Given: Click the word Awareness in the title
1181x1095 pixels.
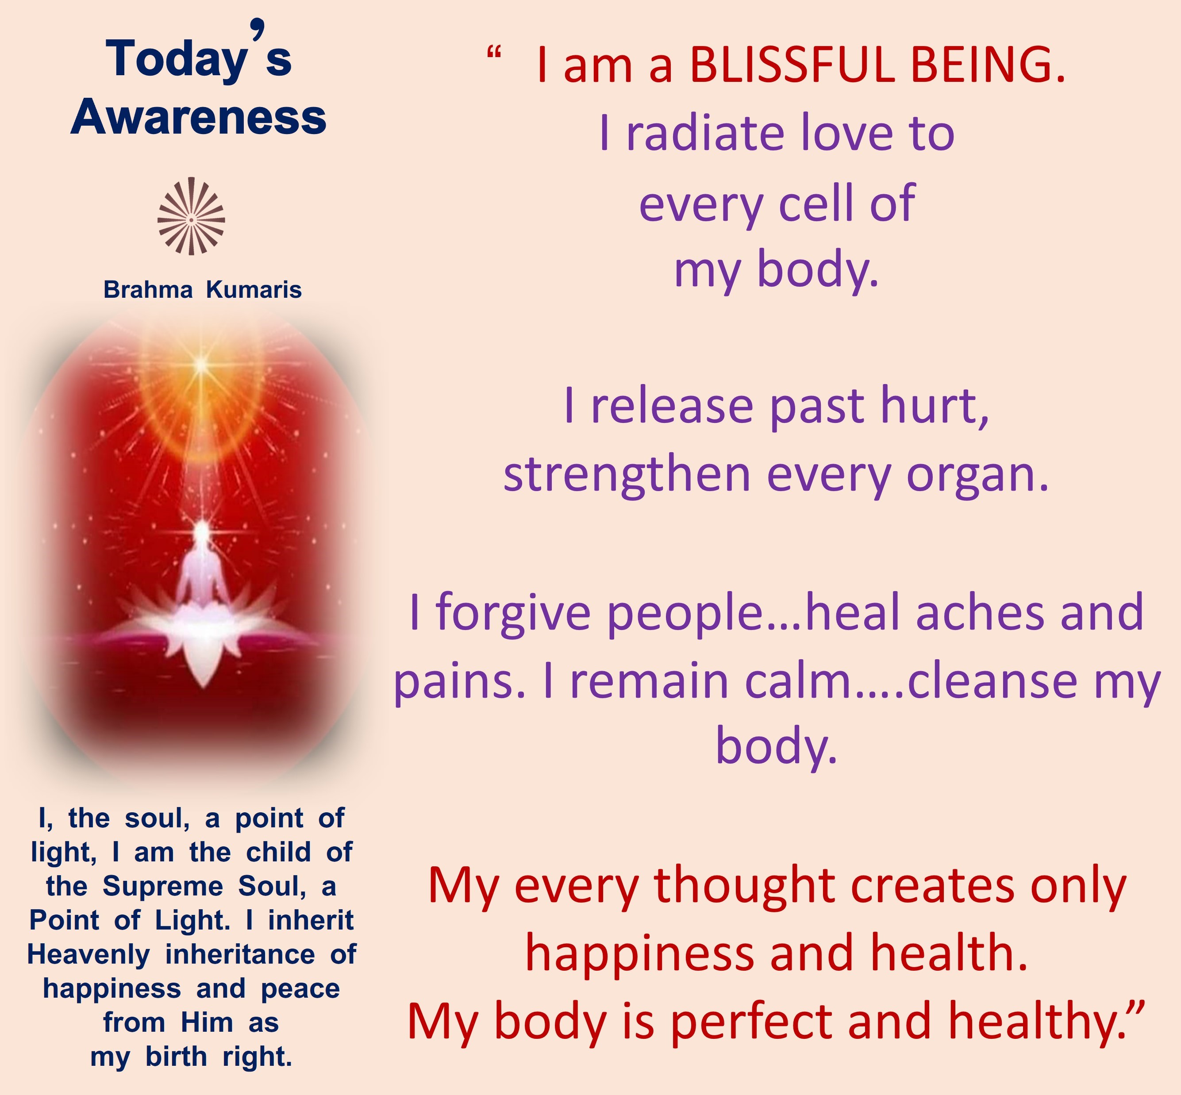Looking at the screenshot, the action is (x=199, y=117).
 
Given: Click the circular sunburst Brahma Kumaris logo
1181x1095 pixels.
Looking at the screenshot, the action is (x=191, y=217).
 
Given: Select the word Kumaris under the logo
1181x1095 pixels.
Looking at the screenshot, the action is (x=254, y=290).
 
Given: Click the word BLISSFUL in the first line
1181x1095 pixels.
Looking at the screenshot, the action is (x=792, y=65).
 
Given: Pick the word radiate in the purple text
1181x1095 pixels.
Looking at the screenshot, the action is (x=705, y=133).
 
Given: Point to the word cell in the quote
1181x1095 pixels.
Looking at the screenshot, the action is (x=816, y=203).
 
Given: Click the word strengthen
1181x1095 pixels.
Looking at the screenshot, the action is (x=627, y=476).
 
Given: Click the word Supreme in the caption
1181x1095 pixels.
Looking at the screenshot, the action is (x=163, y=887).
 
